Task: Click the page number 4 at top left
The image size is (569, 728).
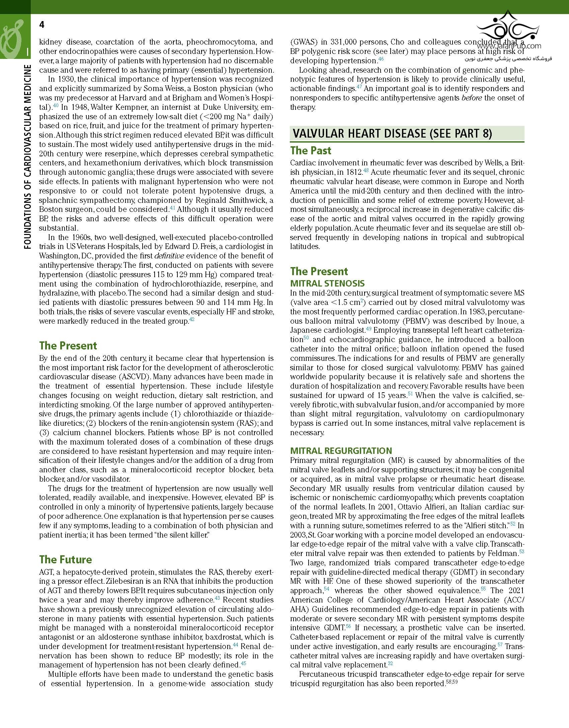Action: [42, 25]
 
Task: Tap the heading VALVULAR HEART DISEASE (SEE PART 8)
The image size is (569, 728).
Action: [392, 134]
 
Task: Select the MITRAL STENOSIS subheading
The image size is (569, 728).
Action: [327, 284]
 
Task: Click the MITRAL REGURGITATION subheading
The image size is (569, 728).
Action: [341, 451]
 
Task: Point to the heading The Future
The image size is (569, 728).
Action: [65, 560]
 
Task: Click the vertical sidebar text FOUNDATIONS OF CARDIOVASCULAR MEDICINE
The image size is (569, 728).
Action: [27, 157]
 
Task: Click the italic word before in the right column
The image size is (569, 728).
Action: [472, 98]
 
